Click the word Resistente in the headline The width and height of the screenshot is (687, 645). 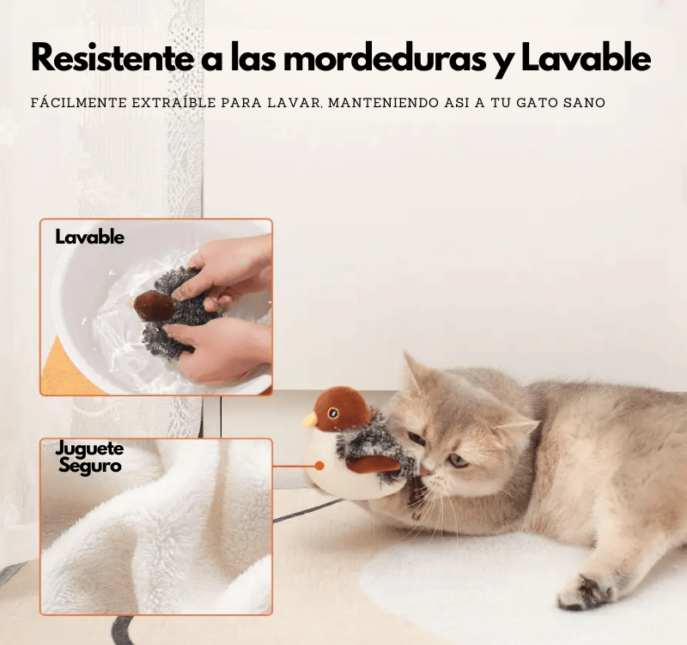point(112,57)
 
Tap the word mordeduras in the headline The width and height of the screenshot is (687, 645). point(386,57)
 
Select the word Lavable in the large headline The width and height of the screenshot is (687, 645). point(586,57)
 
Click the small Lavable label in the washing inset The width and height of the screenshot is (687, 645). point(89,238)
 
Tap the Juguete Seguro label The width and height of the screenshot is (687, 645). point(89,457)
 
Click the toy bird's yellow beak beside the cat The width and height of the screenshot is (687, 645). point(309,420)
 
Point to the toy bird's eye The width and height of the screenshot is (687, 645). point(333,413)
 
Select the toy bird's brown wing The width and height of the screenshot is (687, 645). point(373,464)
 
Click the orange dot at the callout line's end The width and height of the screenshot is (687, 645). point(319,466)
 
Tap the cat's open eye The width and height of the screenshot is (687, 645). point(458,461)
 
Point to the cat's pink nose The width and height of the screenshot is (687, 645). point(426,472)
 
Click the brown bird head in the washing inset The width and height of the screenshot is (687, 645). point(154,304)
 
